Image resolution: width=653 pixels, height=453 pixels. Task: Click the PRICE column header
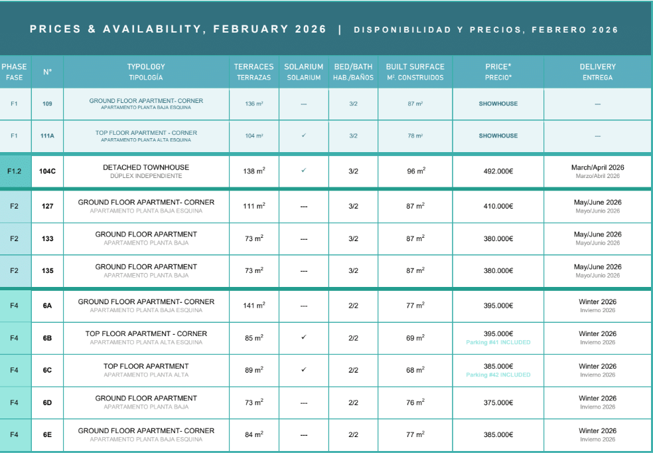(498, 71)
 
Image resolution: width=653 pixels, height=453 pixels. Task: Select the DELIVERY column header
(598, 71)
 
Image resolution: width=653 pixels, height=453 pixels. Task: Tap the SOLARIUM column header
(303, 71)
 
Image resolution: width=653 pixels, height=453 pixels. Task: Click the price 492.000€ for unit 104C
(498, 171)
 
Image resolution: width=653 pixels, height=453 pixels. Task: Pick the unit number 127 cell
(47, 206)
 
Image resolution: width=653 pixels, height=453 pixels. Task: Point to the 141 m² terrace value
(254, 305)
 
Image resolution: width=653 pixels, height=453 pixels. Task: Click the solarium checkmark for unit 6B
(303, 337)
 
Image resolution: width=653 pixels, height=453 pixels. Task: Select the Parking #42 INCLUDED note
(498, 375)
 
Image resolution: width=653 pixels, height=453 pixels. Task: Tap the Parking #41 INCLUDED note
(498, 343)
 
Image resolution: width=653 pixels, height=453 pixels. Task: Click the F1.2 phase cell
(15, 171)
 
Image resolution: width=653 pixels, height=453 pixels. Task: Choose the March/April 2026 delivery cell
(598, 171)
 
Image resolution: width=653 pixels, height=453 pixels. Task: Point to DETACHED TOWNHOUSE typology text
(146, 167)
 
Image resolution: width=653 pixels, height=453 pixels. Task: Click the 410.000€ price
(498, 206)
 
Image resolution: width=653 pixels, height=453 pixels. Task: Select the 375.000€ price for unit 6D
(498, 403)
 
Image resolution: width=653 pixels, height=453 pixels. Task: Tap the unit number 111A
(47, 136)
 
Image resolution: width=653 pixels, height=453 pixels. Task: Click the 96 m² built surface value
(415, 171)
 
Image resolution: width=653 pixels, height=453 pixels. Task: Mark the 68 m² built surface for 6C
(415, 370)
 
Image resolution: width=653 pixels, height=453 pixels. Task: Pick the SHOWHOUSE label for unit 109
(498, 104)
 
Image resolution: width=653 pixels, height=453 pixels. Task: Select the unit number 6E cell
(47, 434)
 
